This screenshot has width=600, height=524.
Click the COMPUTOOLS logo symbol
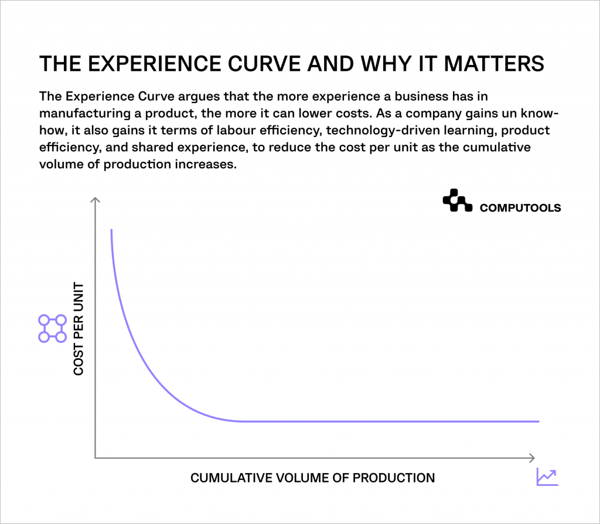[457, 201]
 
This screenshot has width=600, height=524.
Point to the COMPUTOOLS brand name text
[520, 207]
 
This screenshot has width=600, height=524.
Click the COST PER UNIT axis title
[79, 329]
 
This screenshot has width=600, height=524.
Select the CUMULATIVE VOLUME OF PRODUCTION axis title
[313, 478]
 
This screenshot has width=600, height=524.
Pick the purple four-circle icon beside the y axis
[52, 328]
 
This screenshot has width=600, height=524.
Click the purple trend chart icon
[547, 477]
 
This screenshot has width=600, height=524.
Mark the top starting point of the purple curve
[111, 230]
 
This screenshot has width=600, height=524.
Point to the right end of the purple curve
[538, 421]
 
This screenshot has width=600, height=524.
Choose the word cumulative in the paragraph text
[500, 147]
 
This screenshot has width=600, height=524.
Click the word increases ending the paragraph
[199, 164]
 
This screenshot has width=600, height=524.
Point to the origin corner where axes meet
[95, 457]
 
